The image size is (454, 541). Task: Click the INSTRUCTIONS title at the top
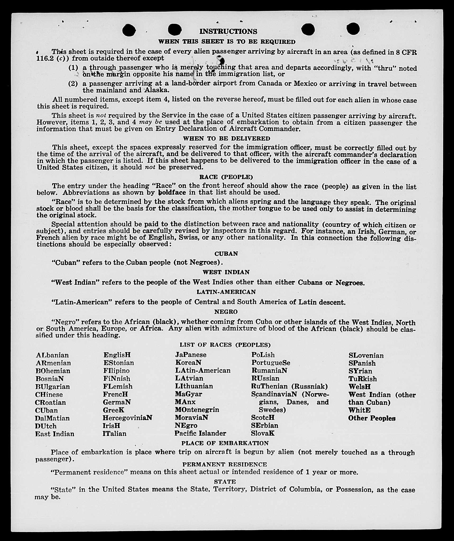228,31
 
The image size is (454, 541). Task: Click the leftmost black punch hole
129,30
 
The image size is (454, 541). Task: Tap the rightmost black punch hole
353,29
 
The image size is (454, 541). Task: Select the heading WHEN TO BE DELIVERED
227,138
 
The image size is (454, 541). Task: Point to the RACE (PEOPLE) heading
226,177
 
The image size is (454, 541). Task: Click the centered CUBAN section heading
226,254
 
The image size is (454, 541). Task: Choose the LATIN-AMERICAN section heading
226,292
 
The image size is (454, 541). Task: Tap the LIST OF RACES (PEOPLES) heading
225,345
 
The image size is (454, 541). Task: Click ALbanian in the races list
52,355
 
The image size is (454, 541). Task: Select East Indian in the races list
55,434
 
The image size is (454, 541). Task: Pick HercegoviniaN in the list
127,418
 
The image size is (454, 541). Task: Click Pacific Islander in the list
200,433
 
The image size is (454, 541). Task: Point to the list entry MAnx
185,402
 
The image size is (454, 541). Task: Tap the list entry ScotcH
263,418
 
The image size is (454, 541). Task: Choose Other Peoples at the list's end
372,418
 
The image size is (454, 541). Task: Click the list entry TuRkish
363,379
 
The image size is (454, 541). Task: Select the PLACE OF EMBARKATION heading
225,443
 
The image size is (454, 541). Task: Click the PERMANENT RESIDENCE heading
224,464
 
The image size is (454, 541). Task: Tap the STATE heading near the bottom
225,482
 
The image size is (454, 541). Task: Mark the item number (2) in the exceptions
73,84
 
